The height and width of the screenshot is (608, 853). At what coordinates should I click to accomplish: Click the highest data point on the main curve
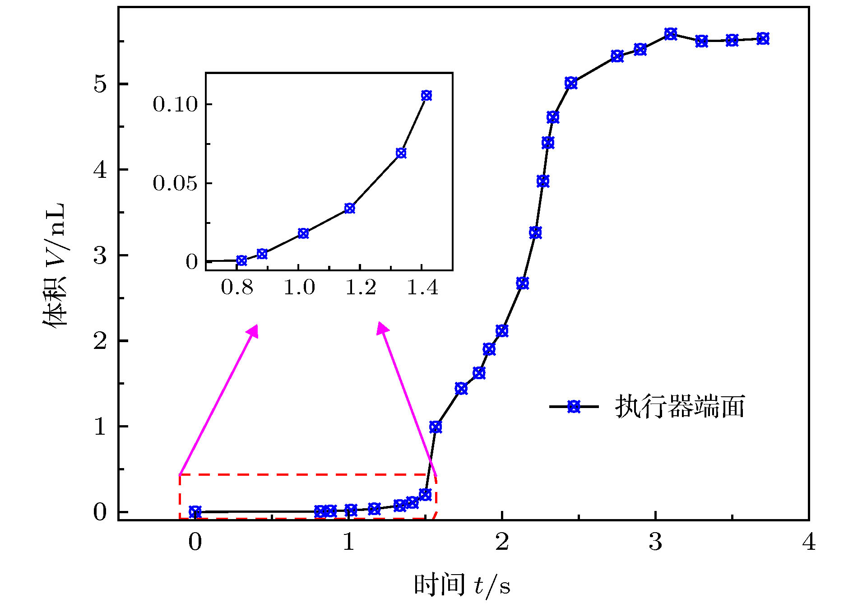pos(671,34)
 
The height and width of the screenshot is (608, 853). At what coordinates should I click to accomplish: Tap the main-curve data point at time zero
pos(195,512)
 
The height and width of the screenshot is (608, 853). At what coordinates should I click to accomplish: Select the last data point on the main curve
pos(763,38)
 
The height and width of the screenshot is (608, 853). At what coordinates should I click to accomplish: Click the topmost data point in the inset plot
pos(426,95)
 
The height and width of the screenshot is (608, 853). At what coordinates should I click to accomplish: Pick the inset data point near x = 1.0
pos(303,233)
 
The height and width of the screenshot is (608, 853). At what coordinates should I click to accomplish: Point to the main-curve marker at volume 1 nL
pos(436,427)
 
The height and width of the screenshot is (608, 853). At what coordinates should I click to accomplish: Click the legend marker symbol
pos(574,406)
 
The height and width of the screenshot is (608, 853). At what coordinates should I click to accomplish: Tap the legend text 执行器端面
pos(680,407)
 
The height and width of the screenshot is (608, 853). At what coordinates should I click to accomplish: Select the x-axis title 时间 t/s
pos(462,585)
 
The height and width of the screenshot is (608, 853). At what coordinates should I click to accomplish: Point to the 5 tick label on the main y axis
pos(100,84)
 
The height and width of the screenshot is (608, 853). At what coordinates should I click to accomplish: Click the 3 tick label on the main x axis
pos(655,541)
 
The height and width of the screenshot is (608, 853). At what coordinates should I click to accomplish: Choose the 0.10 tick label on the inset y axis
pos(175,104)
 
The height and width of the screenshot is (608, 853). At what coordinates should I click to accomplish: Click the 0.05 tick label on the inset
pos(175,183)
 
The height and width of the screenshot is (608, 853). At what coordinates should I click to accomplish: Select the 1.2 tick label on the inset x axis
pos(361,288)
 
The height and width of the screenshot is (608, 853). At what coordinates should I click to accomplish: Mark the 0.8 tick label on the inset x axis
pos(237,288)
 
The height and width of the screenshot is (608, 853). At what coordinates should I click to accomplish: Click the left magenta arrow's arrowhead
pos(253,330)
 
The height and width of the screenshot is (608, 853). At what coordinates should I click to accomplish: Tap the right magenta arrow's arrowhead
pos(382,328)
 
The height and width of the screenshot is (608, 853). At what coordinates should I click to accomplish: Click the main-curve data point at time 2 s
pos(502,330)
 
